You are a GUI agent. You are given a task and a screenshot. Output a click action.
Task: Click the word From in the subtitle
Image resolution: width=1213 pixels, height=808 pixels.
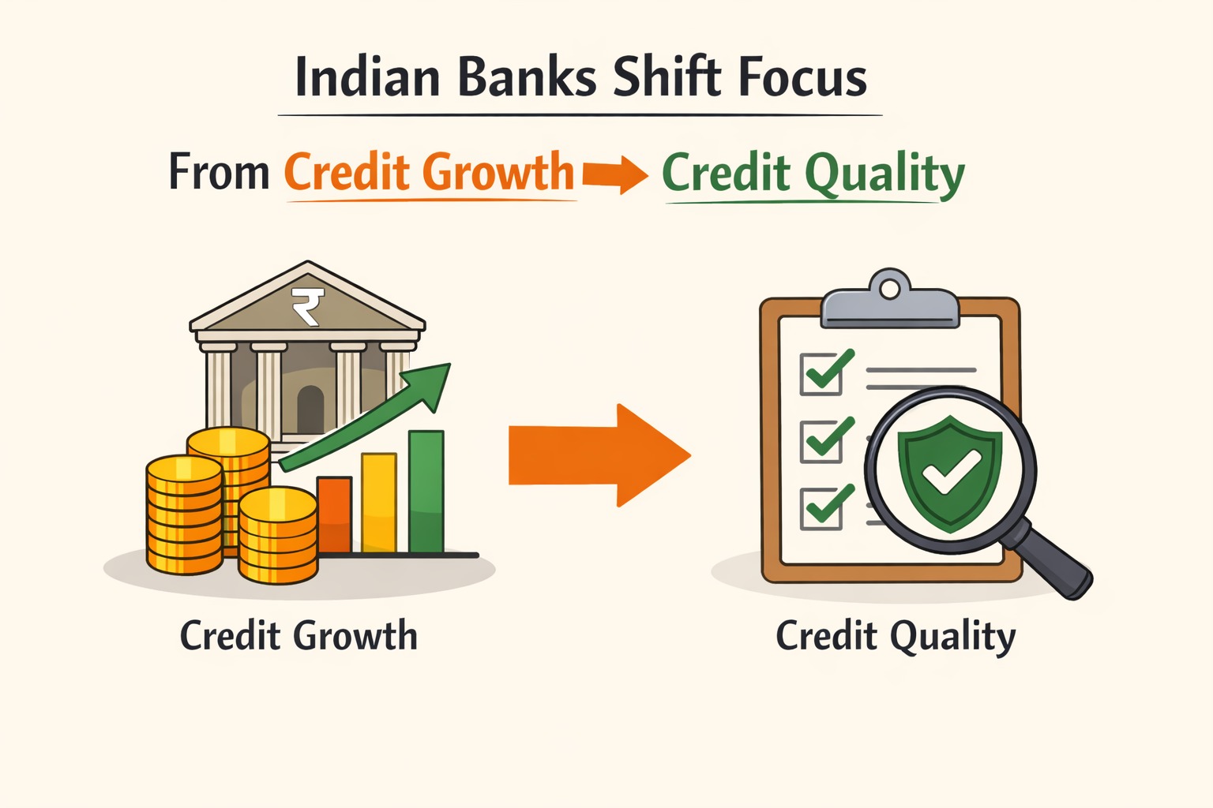click(219, 172)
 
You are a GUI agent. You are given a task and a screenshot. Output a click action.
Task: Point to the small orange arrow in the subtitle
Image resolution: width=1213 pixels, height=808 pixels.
click(614, 173)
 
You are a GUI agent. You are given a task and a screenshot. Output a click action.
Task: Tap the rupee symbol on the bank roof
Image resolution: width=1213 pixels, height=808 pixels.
click(307, 306)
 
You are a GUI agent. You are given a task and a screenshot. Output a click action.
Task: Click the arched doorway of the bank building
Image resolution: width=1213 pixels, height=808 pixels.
click(310, 408)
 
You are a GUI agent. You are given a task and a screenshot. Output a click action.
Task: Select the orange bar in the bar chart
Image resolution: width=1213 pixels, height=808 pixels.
click(334, 514)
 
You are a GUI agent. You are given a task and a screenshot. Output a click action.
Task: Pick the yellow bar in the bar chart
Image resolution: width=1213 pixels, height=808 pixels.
click(379, 503)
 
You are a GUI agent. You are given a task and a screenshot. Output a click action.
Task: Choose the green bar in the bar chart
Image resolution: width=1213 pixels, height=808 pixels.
click(426, 491)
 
